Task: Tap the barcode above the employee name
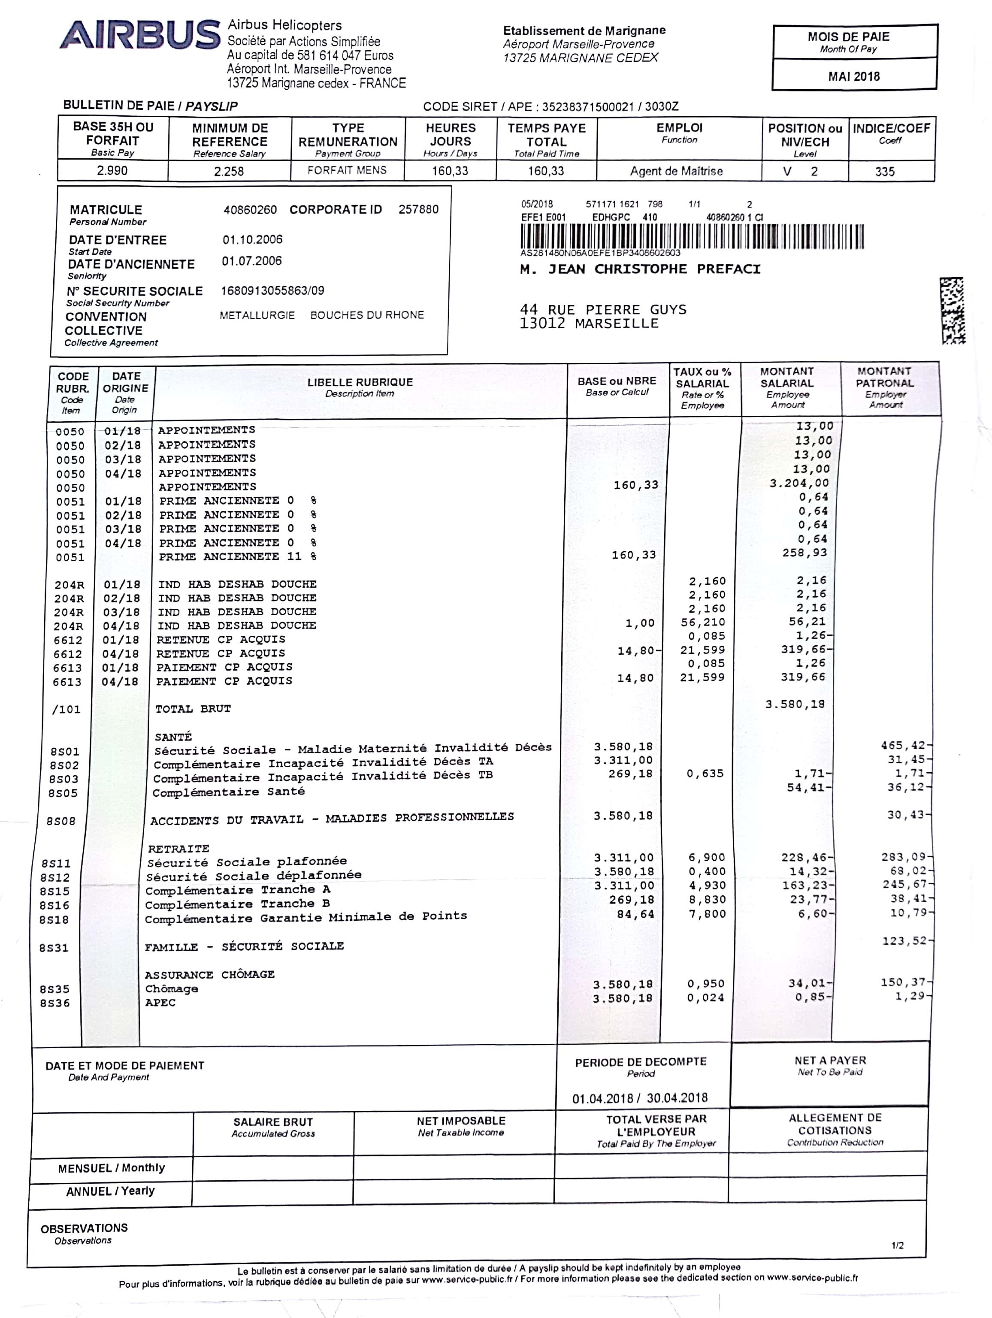point(692,236)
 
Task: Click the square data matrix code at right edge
point(953,310)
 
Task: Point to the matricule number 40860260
point(250,210)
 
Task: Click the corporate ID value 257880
point(418,209)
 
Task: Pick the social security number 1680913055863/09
point(272,291)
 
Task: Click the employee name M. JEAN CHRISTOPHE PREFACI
point(640,269)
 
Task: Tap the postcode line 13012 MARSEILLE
point(589,323)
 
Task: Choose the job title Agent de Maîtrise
point(676,172)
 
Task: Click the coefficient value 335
point(885,172)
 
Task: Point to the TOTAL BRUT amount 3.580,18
point(795,704)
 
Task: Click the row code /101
point(66,709)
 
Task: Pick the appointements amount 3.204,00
point(799,483)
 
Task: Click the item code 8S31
point(54,947)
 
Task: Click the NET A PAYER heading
point(830,1061)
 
